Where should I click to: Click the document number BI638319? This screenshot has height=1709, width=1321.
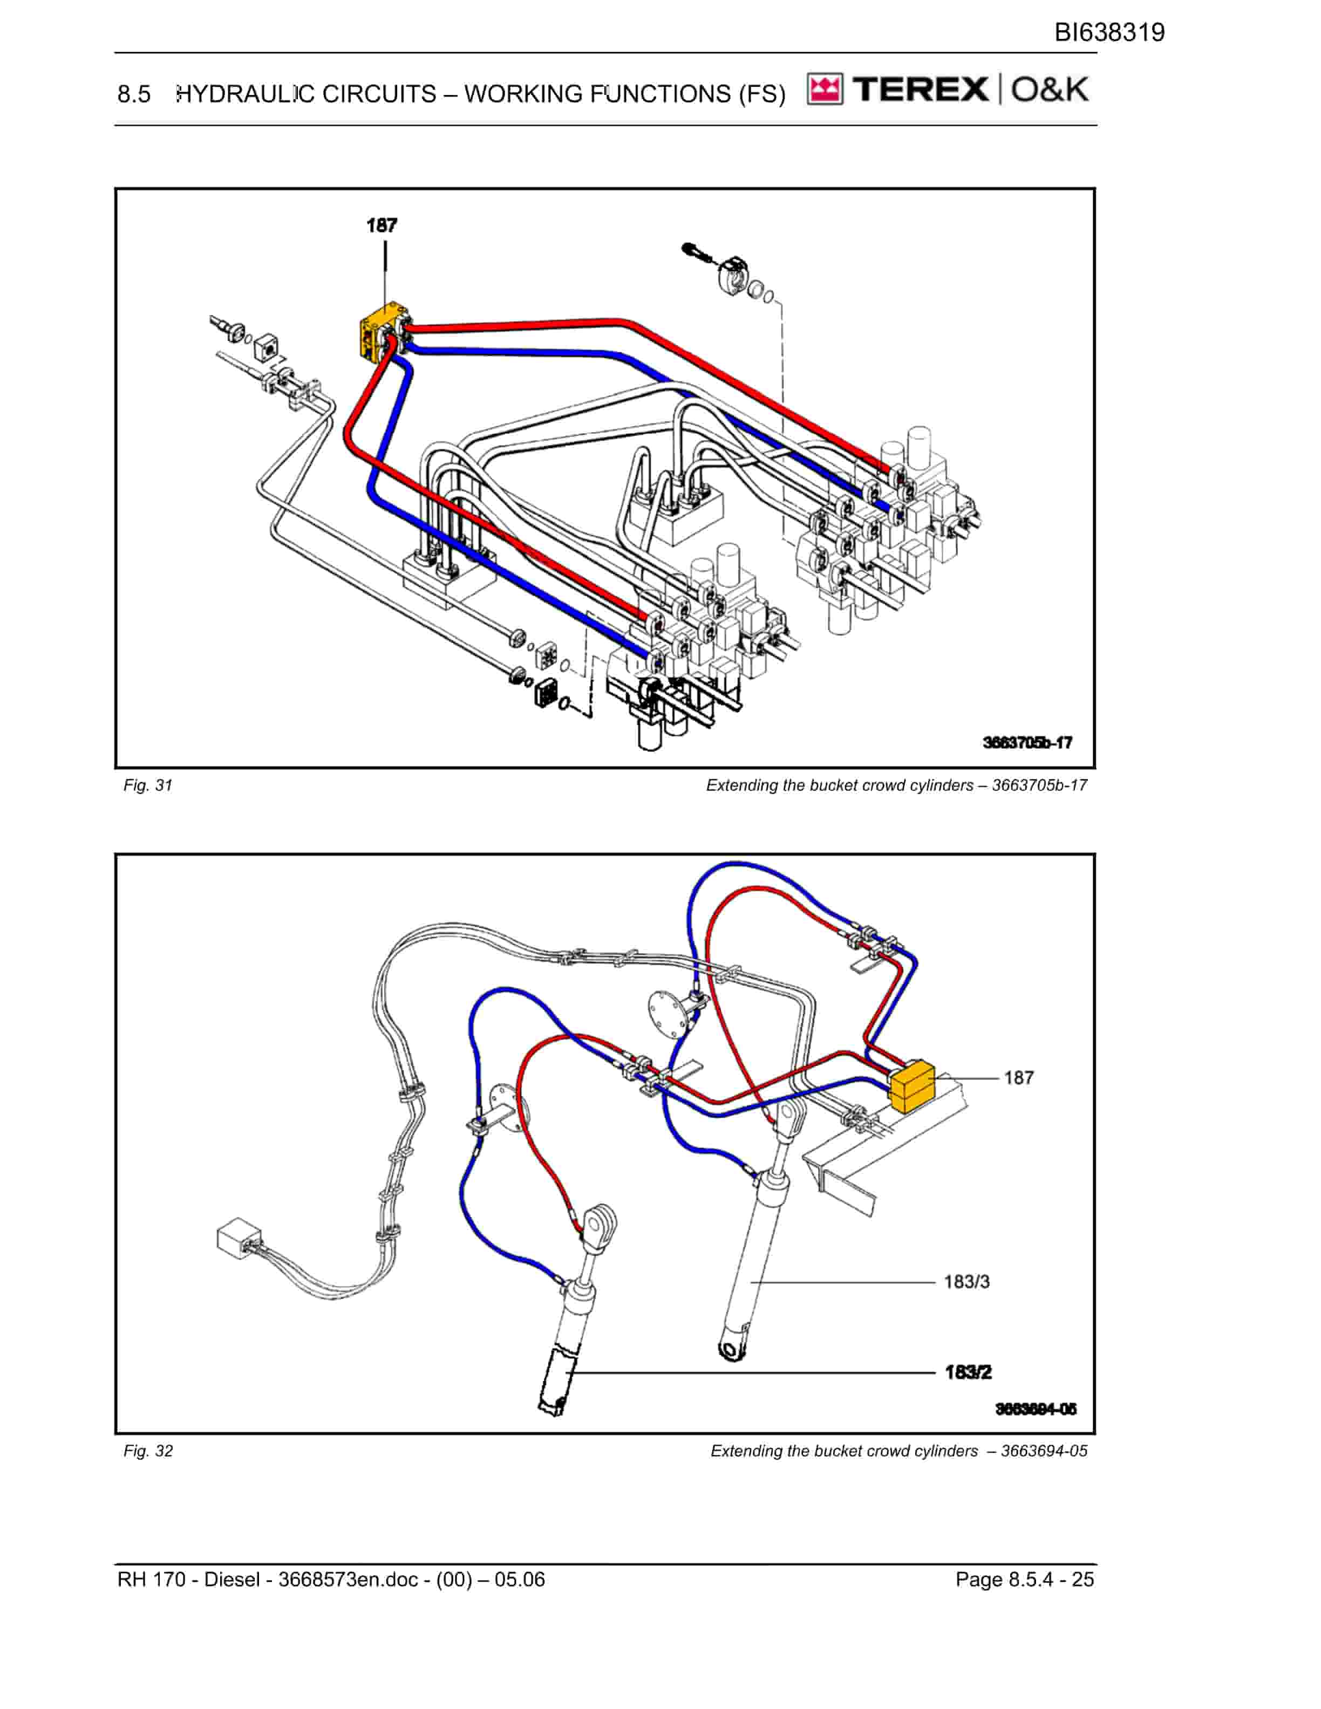point(1109,33)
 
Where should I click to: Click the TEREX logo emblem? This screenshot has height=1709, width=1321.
point(825,90)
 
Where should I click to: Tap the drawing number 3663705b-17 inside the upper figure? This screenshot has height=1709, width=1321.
point(1027,743)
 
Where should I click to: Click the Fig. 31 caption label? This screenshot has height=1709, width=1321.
point(148,785)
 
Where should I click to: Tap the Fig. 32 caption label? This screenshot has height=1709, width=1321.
point(148,1452)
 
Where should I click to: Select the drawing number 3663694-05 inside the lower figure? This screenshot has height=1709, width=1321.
point(1036,1409)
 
